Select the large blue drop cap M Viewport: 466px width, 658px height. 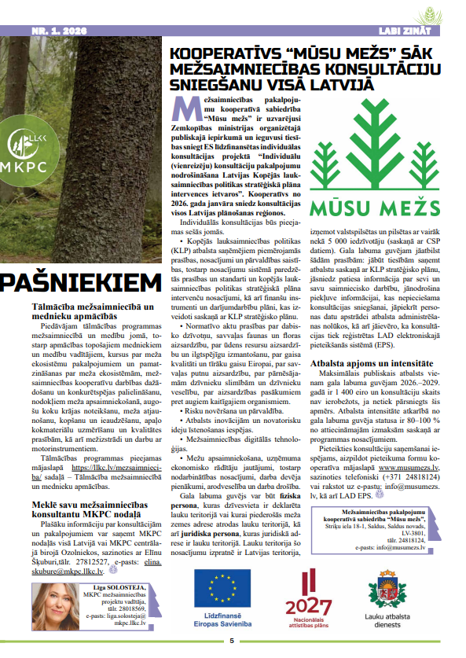[182, 108]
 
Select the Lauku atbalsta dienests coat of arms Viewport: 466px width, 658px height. [391, 589]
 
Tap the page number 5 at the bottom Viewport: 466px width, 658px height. [232, 640]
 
